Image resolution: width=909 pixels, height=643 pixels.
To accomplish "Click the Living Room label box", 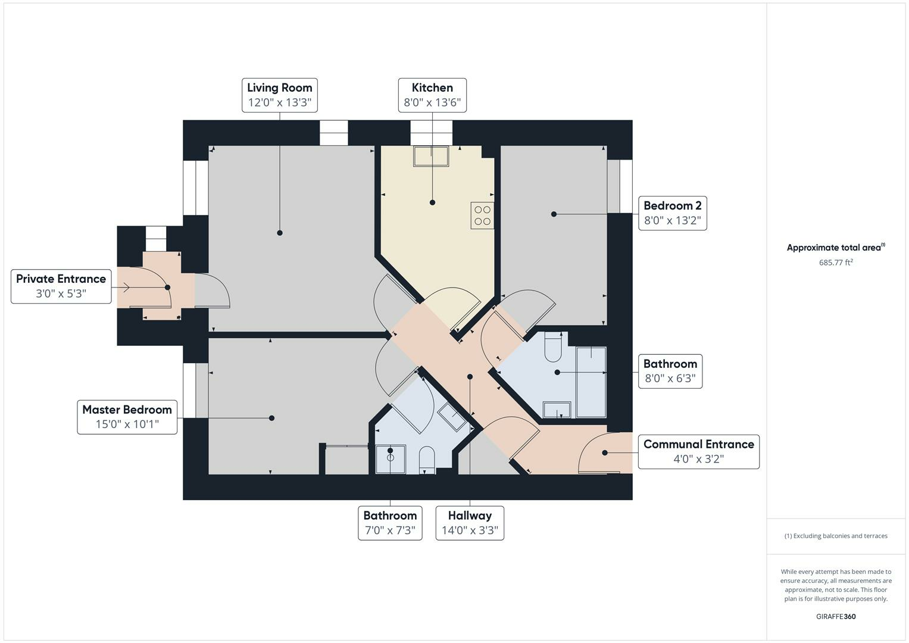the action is coord(280,95).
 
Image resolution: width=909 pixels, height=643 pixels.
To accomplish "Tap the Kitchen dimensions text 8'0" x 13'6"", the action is coord(432,102).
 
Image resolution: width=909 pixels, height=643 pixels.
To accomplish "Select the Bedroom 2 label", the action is coord(673,213).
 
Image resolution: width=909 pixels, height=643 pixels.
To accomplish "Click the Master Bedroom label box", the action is coord(127,417).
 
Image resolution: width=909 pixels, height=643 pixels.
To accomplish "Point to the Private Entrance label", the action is coord(61,286).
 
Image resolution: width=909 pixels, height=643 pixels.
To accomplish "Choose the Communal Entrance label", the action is coord(698,452).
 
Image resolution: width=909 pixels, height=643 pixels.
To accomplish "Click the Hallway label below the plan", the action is coord(470,523).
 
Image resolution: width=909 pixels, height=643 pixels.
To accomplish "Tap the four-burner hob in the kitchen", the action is coord(482,216).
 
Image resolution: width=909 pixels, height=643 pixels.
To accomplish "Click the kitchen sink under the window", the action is coord(431,156).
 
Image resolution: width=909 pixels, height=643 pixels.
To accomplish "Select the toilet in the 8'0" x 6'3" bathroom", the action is coord(552,347).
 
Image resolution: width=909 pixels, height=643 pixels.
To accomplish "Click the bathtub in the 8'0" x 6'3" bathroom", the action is coord(591,382).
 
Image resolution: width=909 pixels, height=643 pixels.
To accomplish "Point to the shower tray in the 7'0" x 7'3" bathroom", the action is coord(391,459).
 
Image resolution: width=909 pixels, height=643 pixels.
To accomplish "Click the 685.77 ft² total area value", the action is coord(836,262).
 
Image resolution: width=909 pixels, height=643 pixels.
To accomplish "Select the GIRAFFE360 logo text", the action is coord(836,616).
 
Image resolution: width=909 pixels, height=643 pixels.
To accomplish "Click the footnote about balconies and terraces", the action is coord(836,536).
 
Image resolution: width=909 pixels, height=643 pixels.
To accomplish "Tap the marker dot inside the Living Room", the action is coord(280,233).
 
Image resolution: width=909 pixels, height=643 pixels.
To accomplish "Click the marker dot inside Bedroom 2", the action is coord(554,214).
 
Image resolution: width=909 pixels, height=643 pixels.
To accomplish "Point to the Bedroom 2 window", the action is coord(620,186).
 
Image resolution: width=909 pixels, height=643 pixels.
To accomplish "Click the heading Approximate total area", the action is coord(836,247).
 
